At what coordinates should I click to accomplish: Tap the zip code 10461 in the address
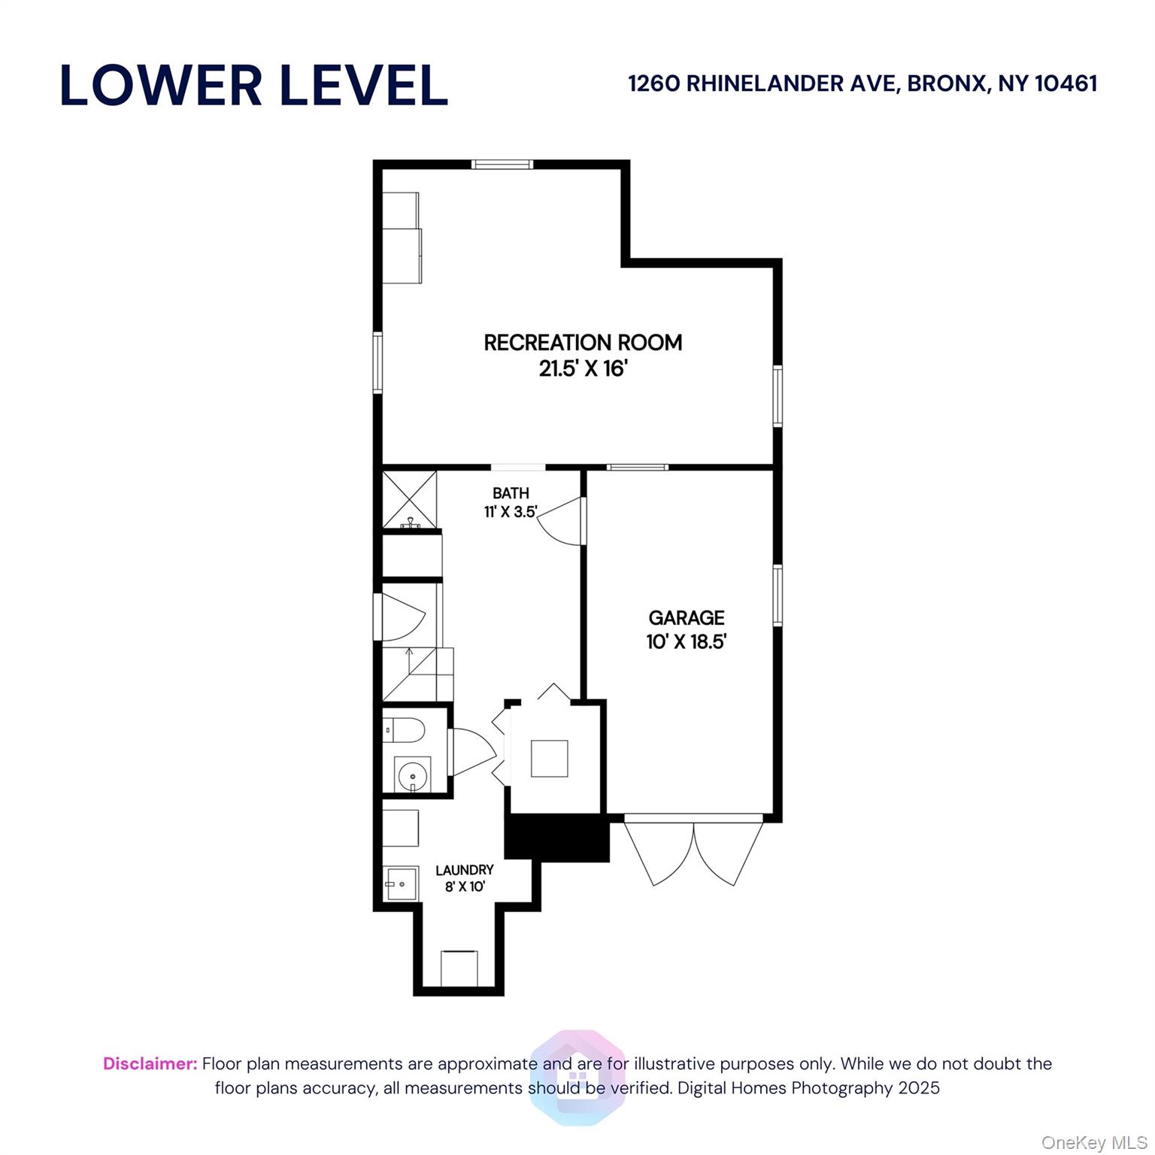click(x=1066, y=83)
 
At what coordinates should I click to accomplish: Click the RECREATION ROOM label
click(x=583, y=343)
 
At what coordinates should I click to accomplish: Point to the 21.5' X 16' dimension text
click(x=583, y=369)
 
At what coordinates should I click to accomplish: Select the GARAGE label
click(x=687, y=618)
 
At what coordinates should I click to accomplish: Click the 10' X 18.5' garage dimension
click(x=687, y=642)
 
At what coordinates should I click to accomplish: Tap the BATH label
click(x=511, y=493)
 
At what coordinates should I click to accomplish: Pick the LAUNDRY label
click(x=465, y=870)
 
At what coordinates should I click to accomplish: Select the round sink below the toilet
click(x=412, y=775)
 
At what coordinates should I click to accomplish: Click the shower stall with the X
click(x=410, y=499)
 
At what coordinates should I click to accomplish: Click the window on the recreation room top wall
click(x=502, y=164)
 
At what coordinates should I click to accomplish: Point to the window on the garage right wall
click(x=778, y=595)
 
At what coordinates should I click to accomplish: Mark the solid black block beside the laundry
click(x=556, y=838)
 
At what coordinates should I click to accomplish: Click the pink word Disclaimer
click(x=150, y=1064)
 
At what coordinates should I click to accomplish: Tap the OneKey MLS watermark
click(x=1093, y=1143)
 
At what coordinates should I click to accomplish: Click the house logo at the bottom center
click(x=577, y=1078)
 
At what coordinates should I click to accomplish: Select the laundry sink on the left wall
click(x=401, y=884)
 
